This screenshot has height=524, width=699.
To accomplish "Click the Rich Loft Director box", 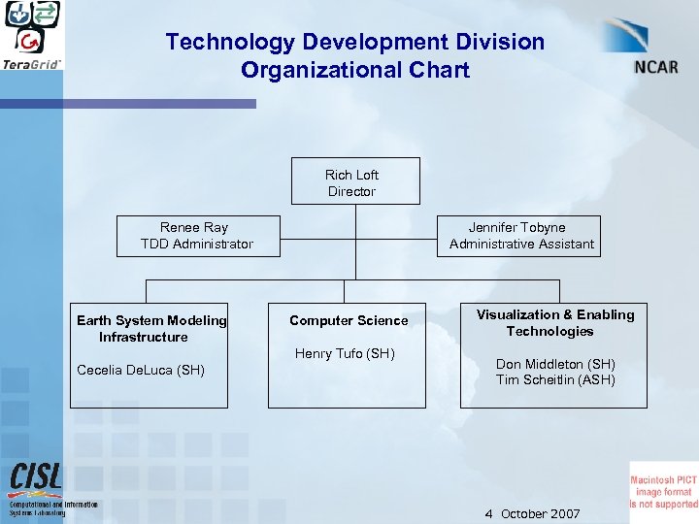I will click(355, 181).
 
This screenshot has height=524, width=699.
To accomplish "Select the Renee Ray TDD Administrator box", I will click(197, 236).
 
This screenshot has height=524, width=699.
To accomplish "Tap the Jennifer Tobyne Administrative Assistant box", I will click(521, 236).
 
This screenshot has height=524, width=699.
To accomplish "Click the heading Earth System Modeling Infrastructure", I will click(151, 328).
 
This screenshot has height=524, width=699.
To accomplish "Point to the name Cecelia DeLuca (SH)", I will click(140, 370).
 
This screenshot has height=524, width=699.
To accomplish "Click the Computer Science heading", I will click(349, 320).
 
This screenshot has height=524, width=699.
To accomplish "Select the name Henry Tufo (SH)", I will click(345, 353).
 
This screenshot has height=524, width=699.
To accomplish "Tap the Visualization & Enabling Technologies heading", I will click(555, 322).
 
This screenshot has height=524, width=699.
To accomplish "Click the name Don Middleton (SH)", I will click(555, 364).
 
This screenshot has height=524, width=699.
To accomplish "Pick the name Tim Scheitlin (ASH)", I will click(555, 379).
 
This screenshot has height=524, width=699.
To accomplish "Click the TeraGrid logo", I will click(32, 35).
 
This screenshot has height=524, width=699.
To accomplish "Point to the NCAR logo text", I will click(656, 66).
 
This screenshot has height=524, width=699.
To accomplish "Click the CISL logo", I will click(36, 477).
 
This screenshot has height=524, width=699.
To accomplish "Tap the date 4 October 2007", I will click(532, 513).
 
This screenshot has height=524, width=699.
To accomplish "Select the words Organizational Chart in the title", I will click(355, 70).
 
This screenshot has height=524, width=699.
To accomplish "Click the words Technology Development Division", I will click(355, 42).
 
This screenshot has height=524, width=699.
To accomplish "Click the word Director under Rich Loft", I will click(351, 191).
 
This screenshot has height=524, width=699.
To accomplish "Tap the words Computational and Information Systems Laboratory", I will click(53, 508).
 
